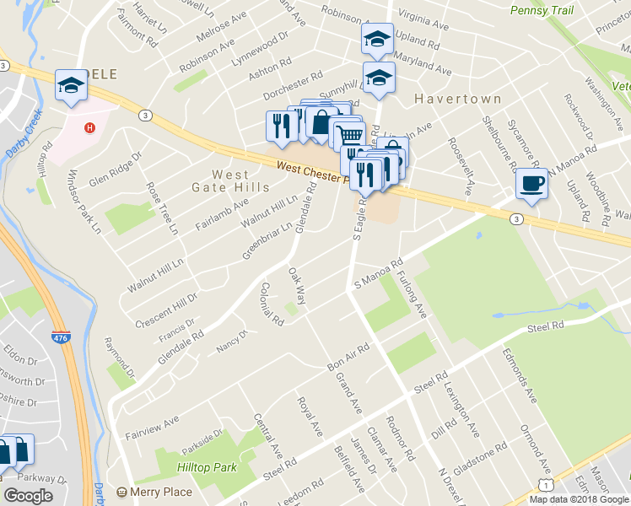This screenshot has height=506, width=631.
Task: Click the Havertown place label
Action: click(x=458, y=99)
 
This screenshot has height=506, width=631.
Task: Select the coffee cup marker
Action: click(x=531, y=182)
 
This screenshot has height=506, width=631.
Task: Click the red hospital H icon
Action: click(x=90, y=129)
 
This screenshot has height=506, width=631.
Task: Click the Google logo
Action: click(x=28, y=496)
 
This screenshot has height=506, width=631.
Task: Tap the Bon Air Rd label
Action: click(x=348, y=358)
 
